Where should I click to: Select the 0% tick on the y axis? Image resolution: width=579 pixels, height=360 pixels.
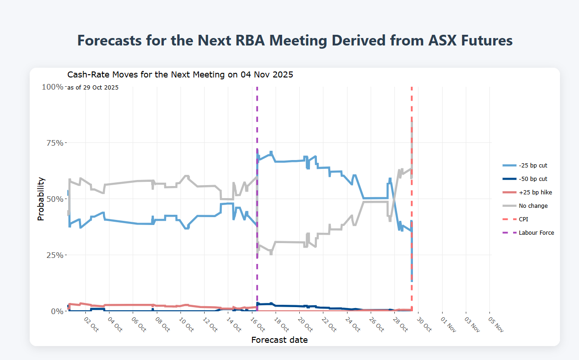click(57, 311)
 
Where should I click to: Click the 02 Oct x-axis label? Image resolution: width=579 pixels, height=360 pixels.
click(91, 324)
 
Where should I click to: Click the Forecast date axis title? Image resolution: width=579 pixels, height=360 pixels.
click(279, 340)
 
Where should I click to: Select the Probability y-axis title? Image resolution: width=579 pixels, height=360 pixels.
click(41, 199)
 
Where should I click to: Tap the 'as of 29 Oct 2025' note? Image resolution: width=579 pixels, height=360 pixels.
click(93, 88)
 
